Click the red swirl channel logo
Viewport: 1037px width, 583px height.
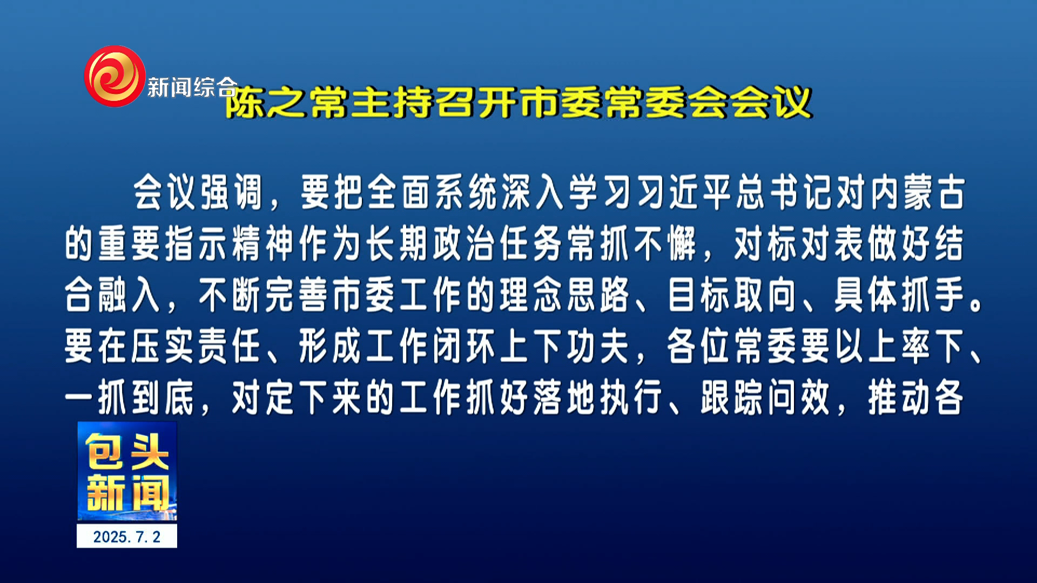pyautogui.click(x=115, y=76)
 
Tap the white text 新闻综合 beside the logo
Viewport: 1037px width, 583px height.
pyautogui.click(x=192, y=87)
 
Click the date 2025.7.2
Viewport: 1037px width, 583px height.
pyautogui.click(x=127, y=537)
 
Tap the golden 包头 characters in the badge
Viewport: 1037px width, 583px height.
pyautogui.click(x=127, y=452)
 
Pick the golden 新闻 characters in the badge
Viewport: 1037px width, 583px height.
pyautogui.click(x=127, y=493)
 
